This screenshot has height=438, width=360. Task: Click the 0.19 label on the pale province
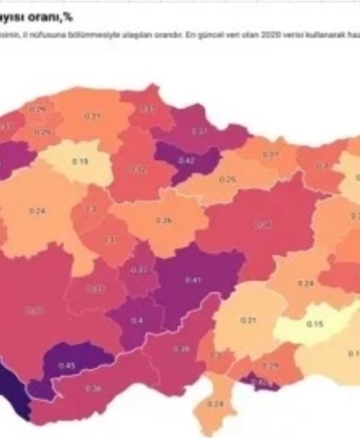80,161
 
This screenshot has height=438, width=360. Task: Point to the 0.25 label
227,180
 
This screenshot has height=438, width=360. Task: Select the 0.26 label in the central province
164,221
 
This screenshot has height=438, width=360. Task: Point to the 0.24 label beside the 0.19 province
39,210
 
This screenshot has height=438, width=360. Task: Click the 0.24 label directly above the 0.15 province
306,283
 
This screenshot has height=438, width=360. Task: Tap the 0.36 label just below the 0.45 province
93,388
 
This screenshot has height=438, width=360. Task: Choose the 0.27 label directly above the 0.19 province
92,117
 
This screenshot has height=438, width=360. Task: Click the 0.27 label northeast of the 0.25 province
271,155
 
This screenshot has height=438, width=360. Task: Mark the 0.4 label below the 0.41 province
135,320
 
